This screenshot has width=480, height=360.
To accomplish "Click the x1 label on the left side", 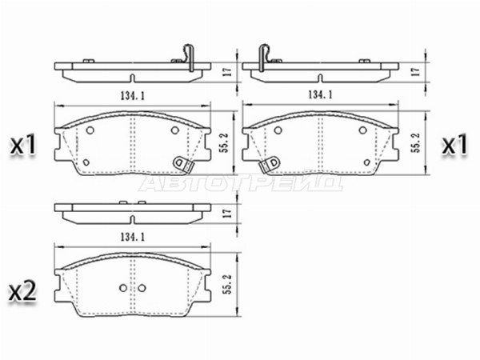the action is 23,146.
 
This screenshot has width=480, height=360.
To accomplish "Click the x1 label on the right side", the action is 454,145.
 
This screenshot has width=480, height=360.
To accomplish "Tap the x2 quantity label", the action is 22,291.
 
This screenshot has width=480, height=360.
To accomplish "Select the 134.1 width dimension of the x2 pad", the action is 133,237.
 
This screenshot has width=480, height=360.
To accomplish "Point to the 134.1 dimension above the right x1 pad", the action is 320,94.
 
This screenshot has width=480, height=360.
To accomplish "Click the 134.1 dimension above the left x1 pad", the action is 133,95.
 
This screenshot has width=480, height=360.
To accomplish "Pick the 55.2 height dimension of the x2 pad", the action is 227,284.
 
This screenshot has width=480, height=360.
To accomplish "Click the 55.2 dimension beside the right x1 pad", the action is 415,142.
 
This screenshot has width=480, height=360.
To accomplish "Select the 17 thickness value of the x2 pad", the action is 227,214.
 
